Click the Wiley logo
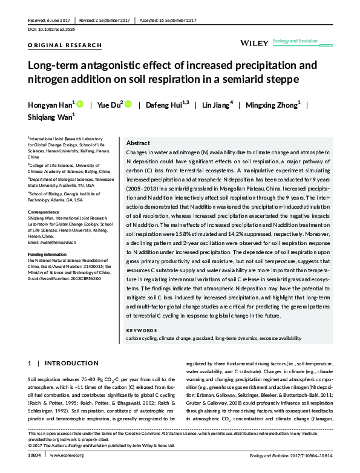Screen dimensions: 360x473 point(253,43)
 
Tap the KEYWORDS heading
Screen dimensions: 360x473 point(142,330)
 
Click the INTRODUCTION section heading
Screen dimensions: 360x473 point(67,363)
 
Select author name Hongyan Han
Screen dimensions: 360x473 point(51,105)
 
